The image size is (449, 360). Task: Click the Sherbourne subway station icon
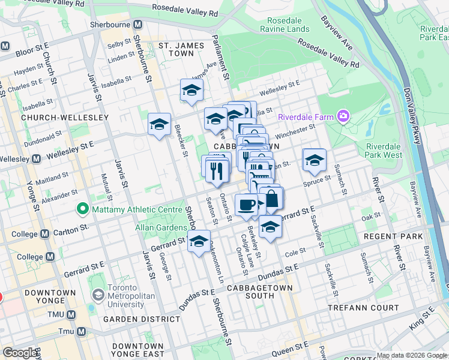(x=138, y=25)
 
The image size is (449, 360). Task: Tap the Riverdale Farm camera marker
(x=343, y=115)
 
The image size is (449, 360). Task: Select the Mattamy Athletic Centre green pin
(x=82, y=209)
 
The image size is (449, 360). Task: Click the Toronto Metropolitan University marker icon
(x=98, y=296)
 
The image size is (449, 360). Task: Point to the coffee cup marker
(x=246, y=205)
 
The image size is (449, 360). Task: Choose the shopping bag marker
(x=272, y=199)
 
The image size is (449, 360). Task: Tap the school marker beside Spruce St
(x=314, y=160)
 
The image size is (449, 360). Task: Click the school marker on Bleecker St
(x=159, y=124)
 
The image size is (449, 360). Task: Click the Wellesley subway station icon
(x=35, y=159)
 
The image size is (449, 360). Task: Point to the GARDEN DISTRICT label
(x=142, y=319)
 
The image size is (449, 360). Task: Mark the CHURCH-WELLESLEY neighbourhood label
(x=64, y=118)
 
